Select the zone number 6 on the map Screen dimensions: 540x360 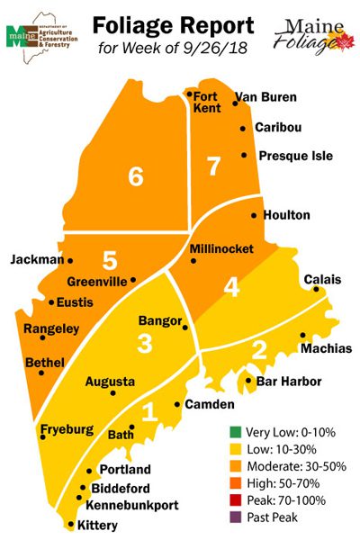pos(136,177)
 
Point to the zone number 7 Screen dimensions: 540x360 pos(212,166)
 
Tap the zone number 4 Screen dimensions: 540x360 pos(231,288)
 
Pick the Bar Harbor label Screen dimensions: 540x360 pos(289,382)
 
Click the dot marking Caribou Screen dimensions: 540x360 pos(243,129)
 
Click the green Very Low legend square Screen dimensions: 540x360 pos(237,432)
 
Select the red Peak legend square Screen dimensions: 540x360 pos(237,500)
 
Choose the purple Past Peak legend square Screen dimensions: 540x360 pos(237,517)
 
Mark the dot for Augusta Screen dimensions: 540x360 pos(112,393)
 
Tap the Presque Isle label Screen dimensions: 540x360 pos(295,156)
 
